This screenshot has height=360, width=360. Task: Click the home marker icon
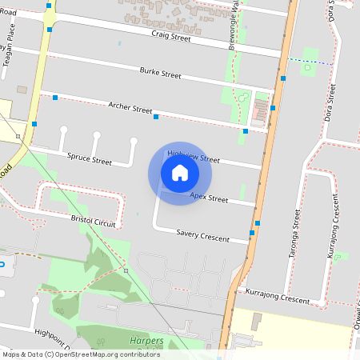click(x=180, y=173)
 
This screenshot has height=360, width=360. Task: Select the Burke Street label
click(x=160, y=73)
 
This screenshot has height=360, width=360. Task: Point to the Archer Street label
click(x=130, y=107)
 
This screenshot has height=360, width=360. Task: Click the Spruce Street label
click(x=90, y=160)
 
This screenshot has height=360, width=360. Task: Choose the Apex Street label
click(x=209, y=196)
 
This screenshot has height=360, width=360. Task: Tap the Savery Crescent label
click(x=202, y=234)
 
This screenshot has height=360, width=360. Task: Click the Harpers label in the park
click(x=146, y=341)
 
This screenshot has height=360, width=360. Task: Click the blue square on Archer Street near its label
click(x=156, y=117)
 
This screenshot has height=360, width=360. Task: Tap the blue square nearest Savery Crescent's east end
click(x=252, y=233)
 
